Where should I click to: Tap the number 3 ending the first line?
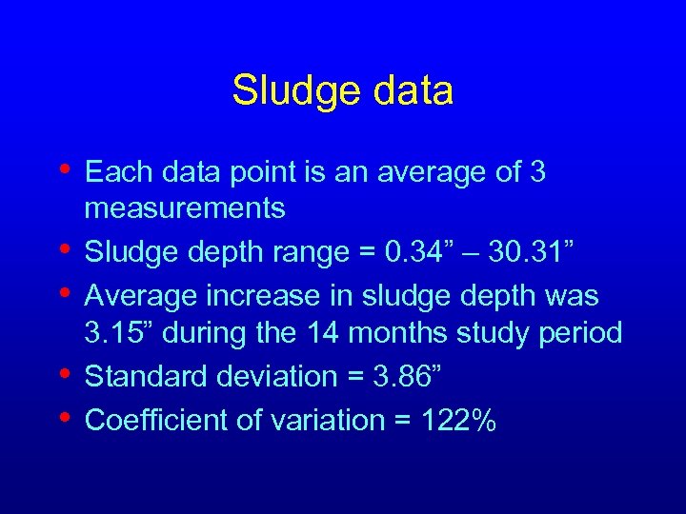point(536,172)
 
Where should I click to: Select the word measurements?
point(185,208)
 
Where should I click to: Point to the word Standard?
point(143,376)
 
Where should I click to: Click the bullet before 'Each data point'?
point(63,168)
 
